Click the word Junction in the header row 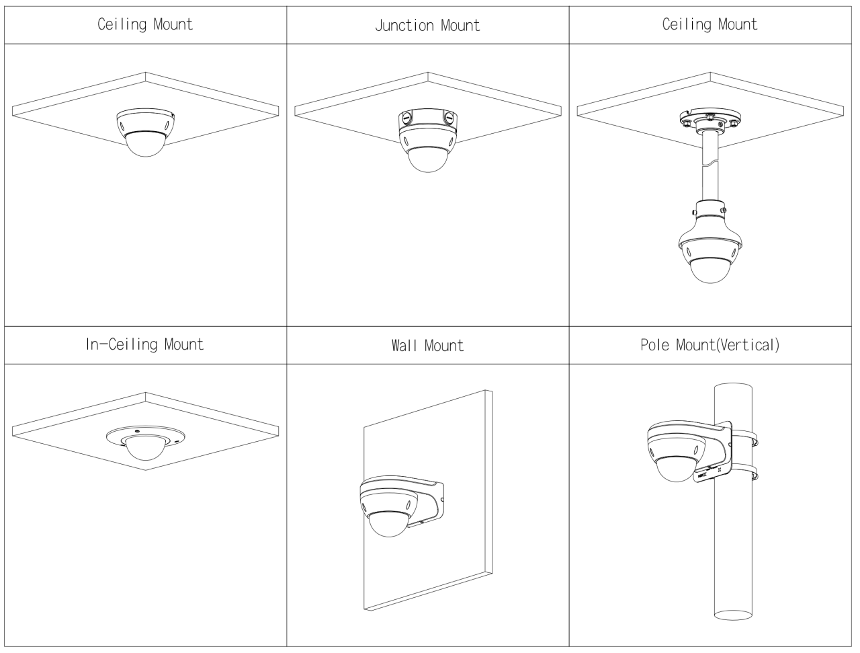click(x=404, y=26)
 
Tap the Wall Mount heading click(x=427, y=346)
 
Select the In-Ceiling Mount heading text click(x=144, y=345)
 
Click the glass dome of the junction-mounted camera click(x=427, y=160)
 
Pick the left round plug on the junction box click(x=406, y=116)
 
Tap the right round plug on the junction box click(x=449, y=116)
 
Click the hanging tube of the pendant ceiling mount click(x=710, y=167)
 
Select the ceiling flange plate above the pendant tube click(x=710, y=117)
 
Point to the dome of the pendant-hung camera click(x=709, y=270)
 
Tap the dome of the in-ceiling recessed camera click(x=145, y=449)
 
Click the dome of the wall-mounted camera click(x=389, y=525)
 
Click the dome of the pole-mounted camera click(x=677, y=469)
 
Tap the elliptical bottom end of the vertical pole click(x=732, y=615)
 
